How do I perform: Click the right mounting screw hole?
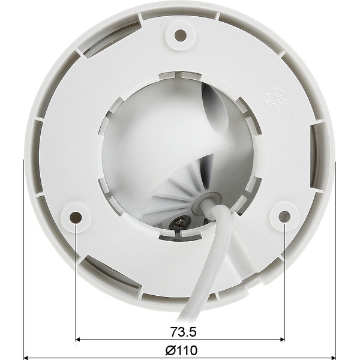point(284,216)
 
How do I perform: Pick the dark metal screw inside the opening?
point(178,224)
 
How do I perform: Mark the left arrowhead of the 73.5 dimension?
point(80,340)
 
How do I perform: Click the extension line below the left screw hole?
point(76,282)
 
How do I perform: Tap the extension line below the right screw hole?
point(284,282)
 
